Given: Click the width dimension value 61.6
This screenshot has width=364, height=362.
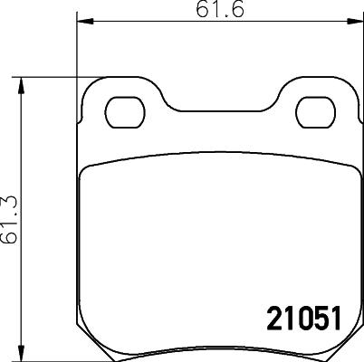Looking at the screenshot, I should coord(210,10).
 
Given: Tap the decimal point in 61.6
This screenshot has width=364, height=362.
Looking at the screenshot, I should coord(213,15).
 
